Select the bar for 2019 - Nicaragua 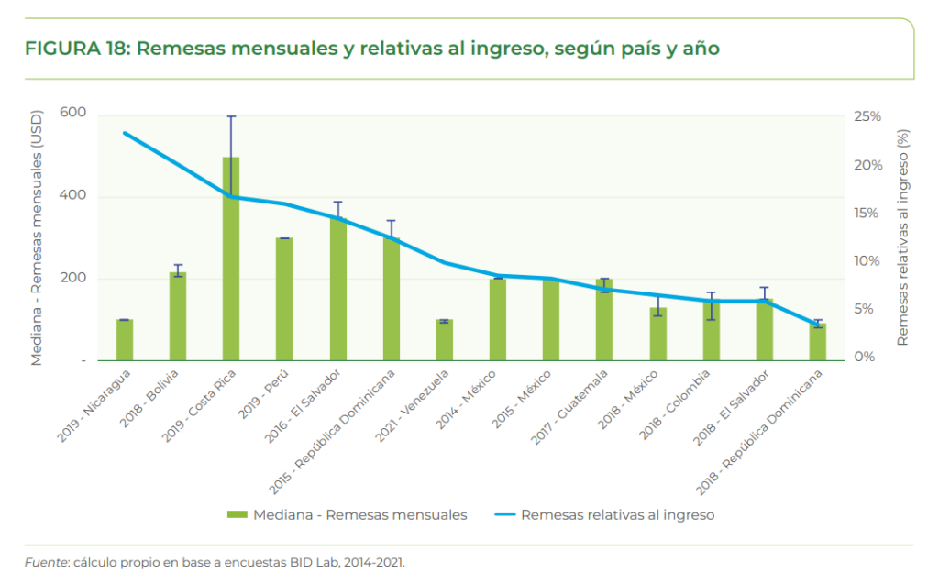point(125,340)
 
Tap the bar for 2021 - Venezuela point(444,340)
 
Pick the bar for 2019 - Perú point(284,299)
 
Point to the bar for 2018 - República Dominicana point(817,342)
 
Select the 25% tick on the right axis point(867,116)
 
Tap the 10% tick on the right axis point(867,260)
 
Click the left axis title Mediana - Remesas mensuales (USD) point(37,238)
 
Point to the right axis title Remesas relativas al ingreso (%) point(902,236)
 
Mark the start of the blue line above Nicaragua point(125,133)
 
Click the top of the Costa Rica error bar point(231,116)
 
